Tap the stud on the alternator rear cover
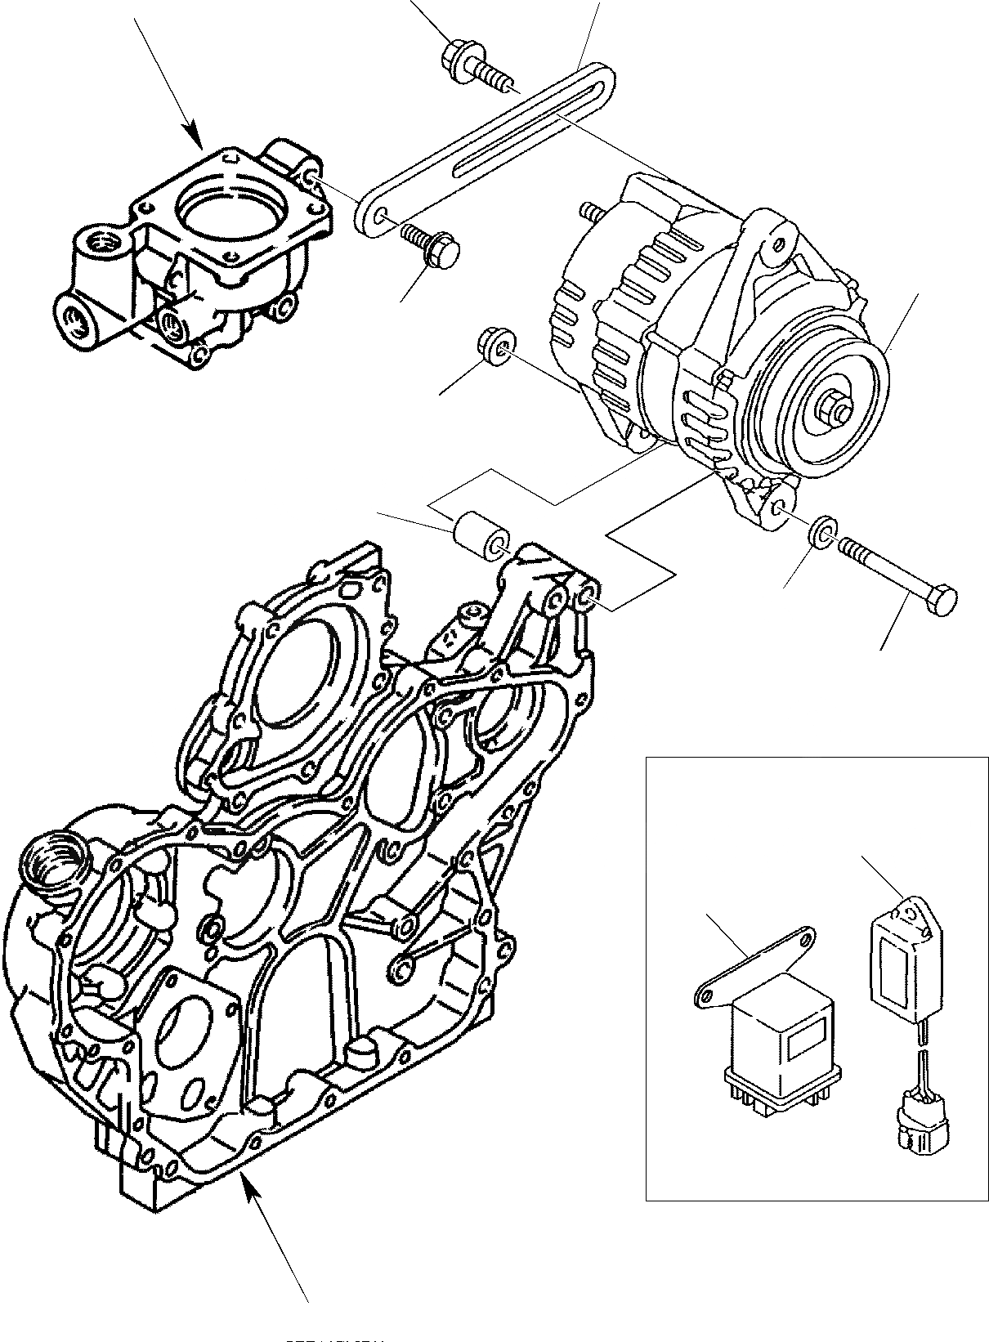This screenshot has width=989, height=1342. tap(588, 211)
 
